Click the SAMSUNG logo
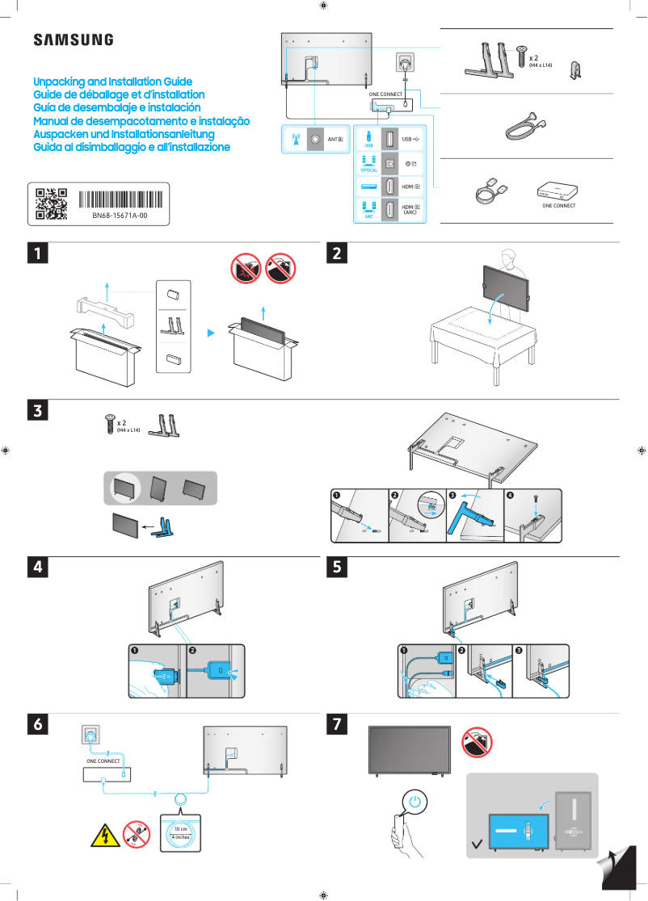coord(73,40)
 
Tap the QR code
coord(51,204)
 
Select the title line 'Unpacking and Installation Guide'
coord(112,82)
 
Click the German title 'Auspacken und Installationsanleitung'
coord(123,134)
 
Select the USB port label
coord(410,139)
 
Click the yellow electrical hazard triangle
coord(103,834)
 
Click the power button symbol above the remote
coord(414,803)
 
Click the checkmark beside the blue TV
coord(478,846)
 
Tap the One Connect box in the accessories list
coord(558,191)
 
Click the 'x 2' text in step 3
coord(122,422)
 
